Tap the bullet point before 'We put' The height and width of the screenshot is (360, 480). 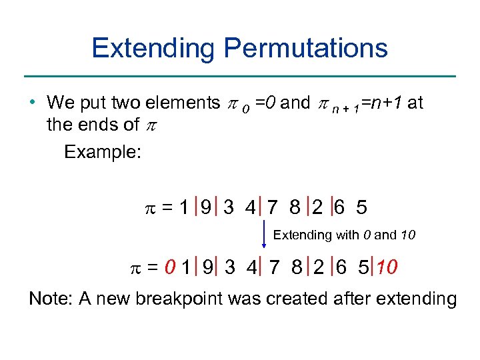(33, 103)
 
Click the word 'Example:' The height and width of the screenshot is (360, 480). (102, 152)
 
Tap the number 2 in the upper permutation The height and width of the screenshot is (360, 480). (318, 208)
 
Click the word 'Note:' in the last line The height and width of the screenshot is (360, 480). (51, 299)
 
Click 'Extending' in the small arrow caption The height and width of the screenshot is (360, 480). (302, 235)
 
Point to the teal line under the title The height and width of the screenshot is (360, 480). (240, 76)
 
